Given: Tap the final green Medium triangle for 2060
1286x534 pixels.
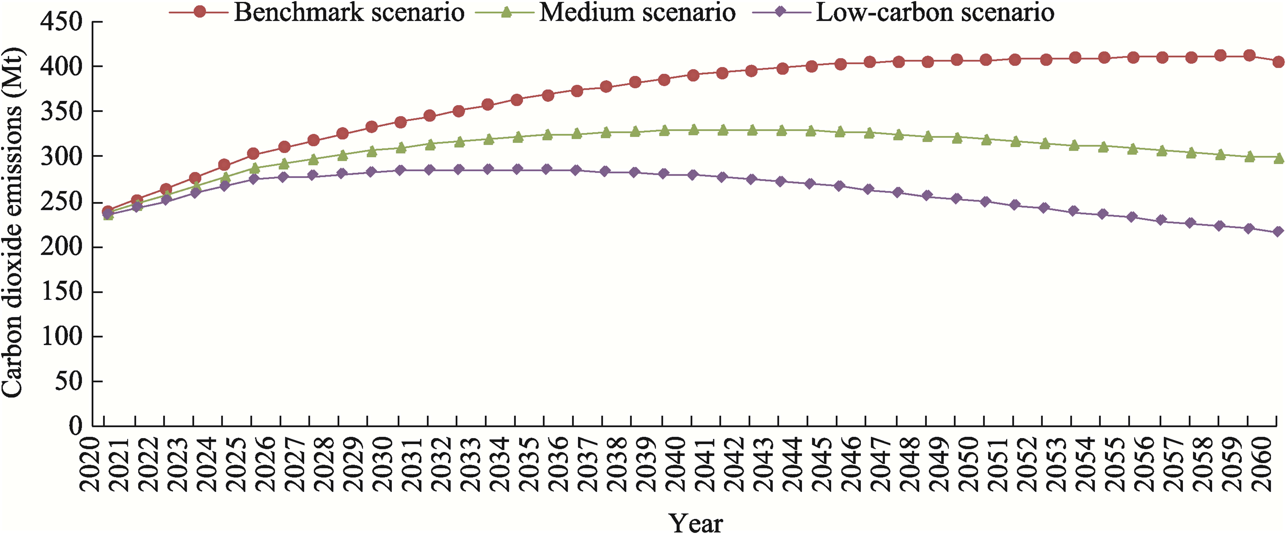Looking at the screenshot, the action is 1279,158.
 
